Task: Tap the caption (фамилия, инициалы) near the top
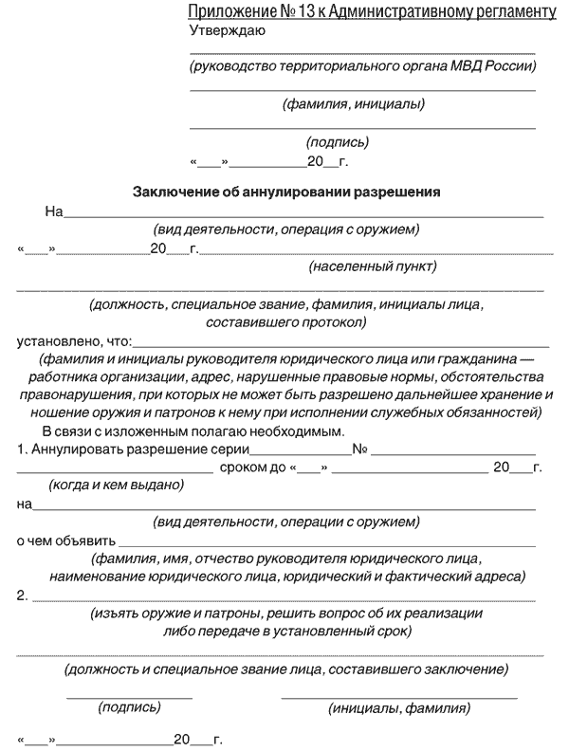click(x=353, y=104)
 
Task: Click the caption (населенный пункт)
click(x=373, y=267)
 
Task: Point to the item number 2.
click(x=22, y=595)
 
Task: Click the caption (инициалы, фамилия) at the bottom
click(x=398, y=707)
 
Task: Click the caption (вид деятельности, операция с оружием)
click(x=286, y=229)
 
